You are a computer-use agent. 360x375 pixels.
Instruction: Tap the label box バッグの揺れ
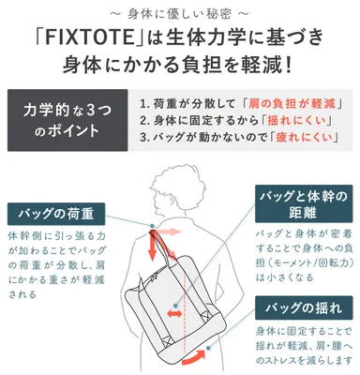coord(303,307)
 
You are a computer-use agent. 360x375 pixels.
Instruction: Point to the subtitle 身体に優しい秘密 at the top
coord(179,12)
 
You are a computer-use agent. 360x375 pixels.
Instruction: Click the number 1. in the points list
coord(142,103)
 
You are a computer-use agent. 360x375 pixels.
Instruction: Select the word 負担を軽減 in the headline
coord(244,67)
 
